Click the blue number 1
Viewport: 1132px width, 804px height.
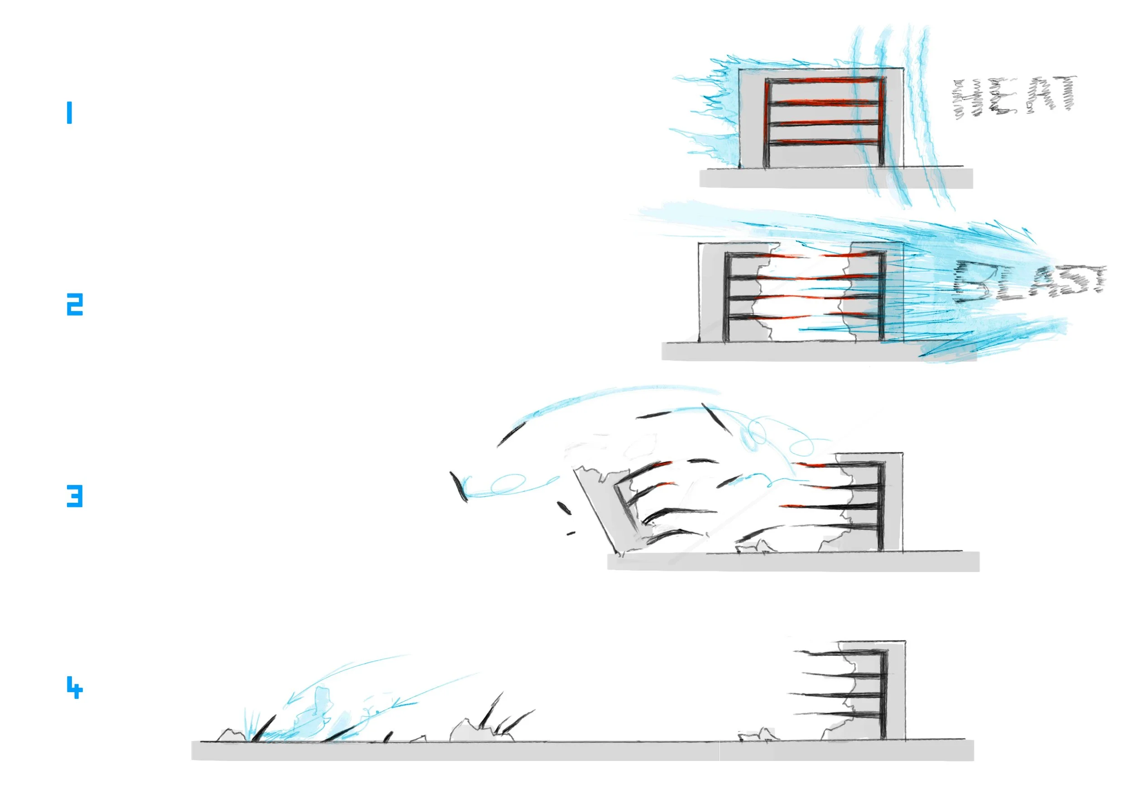tap(70, 113)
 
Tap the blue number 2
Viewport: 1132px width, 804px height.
tap(75, 304)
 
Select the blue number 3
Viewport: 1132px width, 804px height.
tap(75, 496)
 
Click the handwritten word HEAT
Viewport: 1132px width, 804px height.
tap(1014, 97)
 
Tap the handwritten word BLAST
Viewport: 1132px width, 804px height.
tap(1029, 282)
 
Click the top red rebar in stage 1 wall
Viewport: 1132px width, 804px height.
tap(824, 81)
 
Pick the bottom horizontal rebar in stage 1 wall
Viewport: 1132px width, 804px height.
tap(824, 143)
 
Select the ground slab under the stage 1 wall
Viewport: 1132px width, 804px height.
tap(836, 178)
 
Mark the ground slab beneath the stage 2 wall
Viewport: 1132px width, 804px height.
tap(791, 351)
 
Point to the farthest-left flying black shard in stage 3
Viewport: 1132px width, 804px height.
tap(458, 486)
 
